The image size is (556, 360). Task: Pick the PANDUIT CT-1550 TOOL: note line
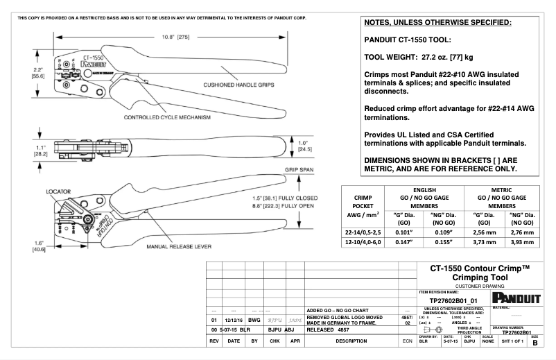pyautogui.click(x=408, y=40)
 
